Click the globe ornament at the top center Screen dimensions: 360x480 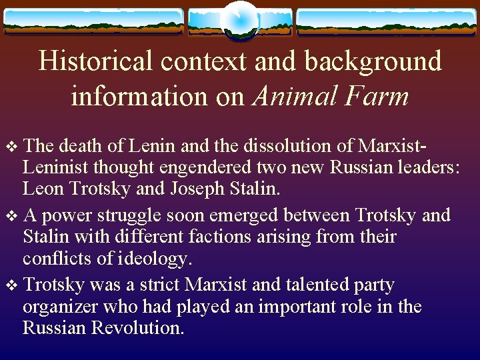coord(239,20)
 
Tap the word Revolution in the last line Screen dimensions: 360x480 coord(133,329)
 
